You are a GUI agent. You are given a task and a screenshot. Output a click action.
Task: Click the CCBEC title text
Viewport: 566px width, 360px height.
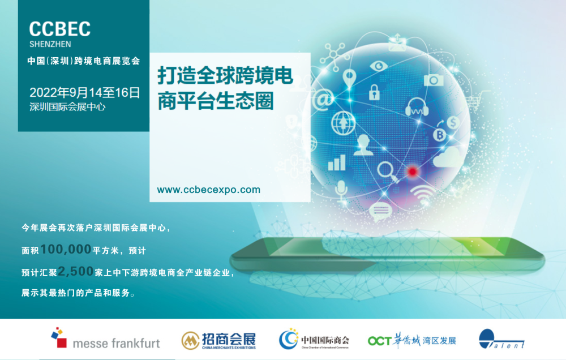59,29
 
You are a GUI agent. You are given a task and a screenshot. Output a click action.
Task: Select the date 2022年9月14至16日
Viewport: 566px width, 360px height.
84,92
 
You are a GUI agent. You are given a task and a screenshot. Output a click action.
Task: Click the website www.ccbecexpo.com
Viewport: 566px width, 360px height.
209,190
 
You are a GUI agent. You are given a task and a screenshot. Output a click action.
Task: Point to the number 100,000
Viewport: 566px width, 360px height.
66,249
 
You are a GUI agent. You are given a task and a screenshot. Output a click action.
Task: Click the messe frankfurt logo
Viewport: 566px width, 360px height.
105,340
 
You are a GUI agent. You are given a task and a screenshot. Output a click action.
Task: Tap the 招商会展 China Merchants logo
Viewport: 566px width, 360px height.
218,340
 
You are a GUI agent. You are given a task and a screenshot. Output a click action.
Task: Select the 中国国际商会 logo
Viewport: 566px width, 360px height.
314,340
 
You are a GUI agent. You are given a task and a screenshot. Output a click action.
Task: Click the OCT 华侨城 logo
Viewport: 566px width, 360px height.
411,340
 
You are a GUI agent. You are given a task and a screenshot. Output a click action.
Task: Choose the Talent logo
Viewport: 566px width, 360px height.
501,340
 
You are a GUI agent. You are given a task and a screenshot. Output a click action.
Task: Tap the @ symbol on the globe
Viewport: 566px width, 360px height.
324,100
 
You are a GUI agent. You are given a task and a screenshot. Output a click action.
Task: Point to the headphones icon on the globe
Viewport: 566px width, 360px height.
417,107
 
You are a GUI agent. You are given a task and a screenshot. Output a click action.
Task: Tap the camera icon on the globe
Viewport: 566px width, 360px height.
434,79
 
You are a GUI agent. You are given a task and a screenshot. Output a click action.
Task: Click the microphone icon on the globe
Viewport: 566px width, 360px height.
341,190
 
